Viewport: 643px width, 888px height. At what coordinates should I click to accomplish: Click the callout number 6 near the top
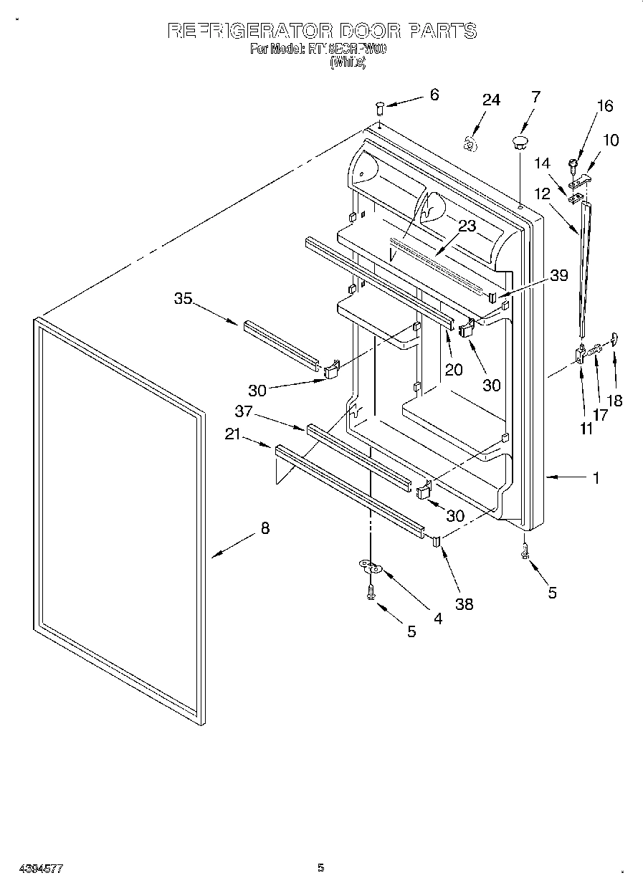coord(434,94)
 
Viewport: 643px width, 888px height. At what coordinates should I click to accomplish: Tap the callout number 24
coord(490,100)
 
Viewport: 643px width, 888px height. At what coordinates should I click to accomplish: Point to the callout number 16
coord(604,106)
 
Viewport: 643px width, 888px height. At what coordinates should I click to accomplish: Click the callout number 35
coord(184,298)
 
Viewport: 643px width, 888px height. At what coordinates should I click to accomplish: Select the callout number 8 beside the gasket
coord(265,528)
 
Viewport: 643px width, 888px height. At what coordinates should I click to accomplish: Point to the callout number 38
coord(465,603)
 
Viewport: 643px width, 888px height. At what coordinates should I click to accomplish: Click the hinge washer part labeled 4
coord(371,568)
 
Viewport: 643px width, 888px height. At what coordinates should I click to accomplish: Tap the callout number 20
coord(453,369)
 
